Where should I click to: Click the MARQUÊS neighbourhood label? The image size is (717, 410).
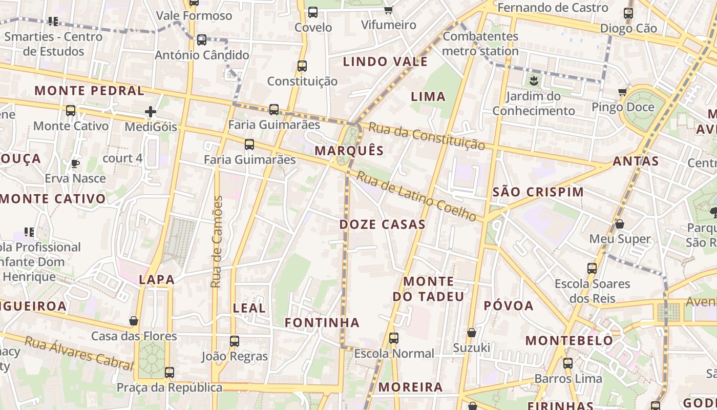coord(349,150)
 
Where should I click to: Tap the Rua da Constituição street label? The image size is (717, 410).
coord(427,136)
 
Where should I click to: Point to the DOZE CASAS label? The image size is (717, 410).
coord(382,224)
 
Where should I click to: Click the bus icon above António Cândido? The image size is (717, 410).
coord(202,39)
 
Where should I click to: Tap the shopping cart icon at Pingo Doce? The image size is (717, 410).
coord(623,92)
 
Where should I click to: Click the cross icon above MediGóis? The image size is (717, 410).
coord(150,111)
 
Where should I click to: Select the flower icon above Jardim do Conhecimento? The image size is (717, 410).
coord(534,80)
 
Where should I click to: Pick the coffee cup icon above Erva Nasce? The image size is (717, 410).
coord(75,163)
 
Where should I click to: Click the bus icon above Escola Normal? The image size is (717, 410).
coord(393,338)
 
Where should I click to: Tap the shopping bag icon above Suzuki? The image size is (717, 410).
coord(472,333)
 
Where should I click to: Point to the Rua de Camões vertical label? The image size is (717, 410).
coord(217,241)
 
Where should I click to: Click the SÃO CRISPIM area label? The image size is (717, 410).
coord(538,192)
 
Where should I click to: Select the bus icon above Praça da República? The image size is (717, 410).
coord(170,372)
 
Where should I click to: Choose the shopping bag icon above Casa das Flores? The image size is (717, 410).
coord(134,321)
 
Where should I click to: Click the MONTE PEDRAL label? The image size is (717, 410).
coord(89,91)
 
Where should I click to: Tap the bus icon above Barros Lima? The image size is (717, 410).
coord(568,363)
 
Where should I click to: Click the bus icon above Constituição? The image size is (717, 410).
coord(302,66)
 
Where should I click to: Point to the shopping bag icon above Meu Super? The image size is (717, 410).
coord(620,224)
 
